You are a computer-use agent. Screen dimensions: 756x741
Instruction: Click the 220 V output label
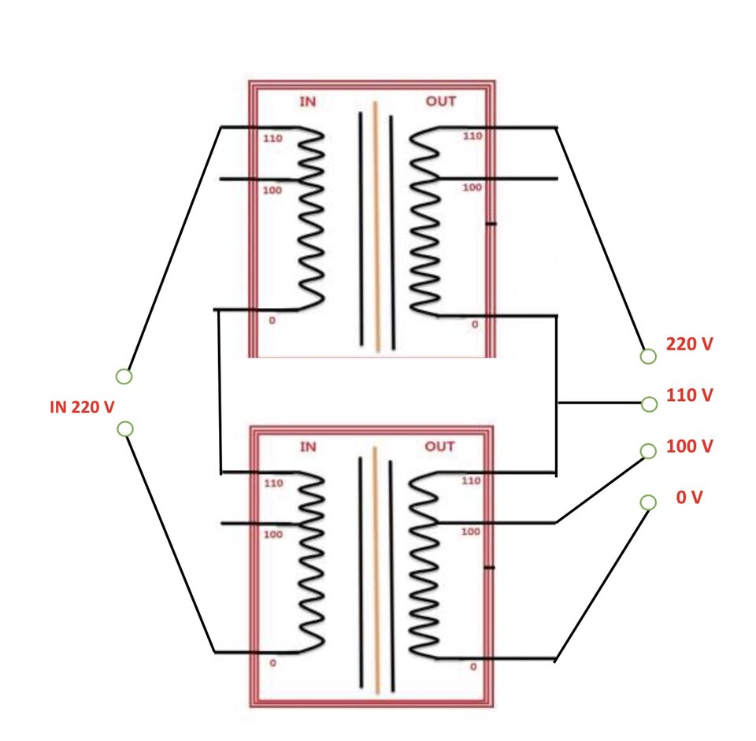click(x=689, y=344)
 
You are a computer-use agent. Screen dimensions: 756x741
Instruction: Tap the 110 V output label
click(x=689, y=395)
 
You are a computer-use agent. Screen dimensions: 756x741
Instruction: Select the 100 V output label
click(x=689, y=446)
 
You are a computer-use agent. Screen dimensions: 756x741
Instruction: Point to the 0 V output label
click(x=690, y=497)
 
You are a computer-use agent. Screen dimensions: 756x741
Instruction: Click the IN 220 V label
click(x=82, y=407)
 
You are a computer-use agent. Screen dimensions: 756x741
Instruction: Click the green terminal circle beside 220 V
click(x=648, y=356)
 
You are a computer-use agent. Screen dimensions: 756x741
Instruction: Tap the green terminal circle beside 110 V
click(x=650, y=404)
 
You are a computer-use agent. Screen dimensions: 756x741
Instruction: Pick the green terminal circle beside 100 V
click(x=648, y=450)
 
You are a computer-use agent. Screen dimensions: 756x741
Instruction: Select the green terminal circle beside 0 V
click(x=648, y=502)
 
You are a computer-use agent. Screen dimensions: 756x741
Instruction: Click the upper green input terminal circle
click(x=124, y=376)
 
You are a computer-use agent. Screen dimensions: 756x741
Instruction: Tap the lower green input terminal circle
click(x=125, y=428)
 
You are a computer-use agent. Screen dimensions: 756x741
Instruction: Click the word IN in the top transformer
click(x=308, y=102)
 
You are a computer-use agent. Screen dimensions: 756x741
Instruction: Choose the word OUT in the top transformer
click(x=441, y=102)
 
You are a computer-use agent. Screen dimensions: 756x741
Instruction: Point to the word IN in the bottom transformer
click(x=308, y=446)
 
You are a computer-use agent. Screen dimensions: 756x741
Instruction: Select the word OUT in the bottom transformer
click(x=439, y=446)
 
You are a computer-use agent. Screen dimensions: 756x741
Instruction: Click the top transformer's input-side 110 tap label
click(x=272, y=139)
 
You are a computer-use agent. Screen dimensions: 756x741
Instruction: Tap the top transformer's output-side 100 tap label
click(x=472, y=187)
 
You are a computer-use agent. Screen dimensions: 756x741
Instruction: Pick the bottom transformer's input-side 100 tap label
click(x=273, y=534)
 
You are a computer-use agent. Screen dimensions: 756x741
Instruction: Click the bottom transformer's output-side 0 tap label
click(x=473, y=666)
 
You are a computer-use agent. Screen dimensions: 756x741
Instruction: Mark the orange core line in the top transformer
click(x=376, y=227)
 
